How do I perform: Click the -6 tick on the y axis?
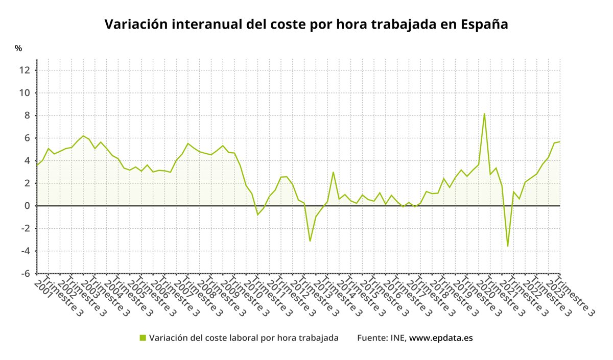pos(25,273)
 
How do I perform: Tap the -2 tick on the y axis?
pos(25,228)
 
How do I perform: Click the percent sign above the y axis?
pos(18,49)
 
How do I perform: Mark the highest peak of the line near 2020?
pos(484,113)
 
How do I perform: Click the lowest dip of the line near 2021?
pos(507,246)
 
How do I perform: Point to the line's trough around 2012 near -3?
pos(310,241)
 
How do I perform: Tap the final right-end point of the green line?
pos(560,141)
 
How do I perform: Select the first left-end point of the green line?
pos(37,165)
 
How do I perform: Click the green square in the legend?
pos(143,338)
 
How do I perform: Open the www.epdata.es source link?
pos(441,338)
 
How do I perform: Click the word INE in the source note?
pos(398,338)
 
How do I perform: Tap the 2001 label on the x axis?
pos(42,287)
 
